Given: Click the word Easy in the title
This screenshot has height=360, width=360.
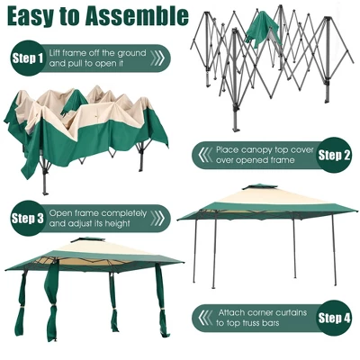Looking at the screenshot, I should point(37,16).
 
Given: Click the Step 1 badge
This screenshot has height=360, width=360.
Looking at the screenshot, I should point(27,58).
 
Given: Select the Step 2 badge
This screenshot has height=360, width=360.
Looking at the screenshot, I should point(334,155).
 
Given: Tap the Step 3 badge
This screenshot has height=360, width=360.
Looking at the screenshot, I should point(27,218).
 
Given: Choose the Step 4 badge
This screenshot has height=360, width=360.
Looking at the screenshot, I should point(334,318).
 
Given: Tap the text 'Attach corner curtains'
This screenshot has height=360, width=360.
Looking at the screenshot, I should point(260,312).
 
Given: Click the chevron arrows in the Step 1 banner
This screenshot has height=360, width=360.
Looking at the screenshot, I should point(157,58).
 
